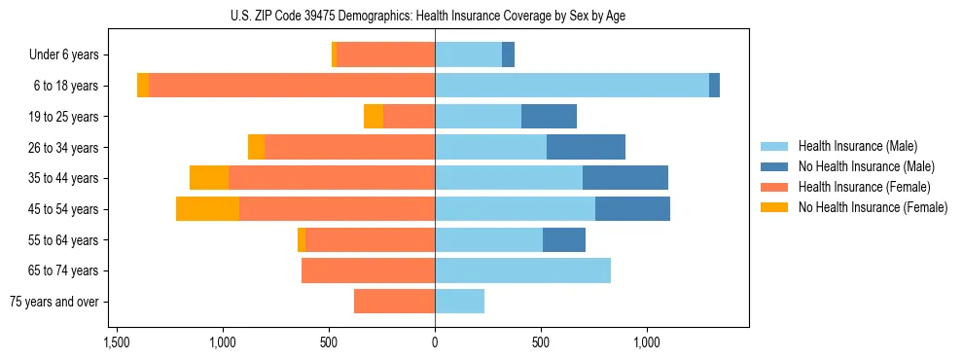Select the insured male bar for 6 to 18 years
[x=572, y=86]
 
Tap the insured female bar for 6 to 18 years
[x=292, y=86]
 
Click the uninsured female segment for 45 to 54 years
[x=207, y=209]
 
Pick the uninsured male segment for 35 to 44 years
[x=625, y=178]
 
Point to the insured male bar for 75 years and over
[x=459, y=302]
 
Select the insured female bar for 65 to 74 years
[x=368, y=270]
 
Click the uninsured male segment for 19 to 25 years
[x=549, y=117]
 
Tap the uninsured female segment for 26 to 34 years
[x=256, y=147]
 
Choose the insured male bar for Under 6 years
[x=468, y=54]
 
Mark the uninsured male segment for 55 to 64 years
[x=564, y=239]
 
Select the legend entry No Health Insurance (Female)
[x=873, y=207]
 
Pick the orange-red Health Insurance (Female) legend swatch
[x=774, y=187]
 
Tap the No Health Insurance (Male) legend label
[x=866, y=166]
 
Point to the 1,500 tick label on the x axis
[x=116, y=342]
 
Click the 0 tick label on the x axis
[x=435, y=342]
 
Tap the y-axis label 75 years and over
[x=54, y=302]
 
